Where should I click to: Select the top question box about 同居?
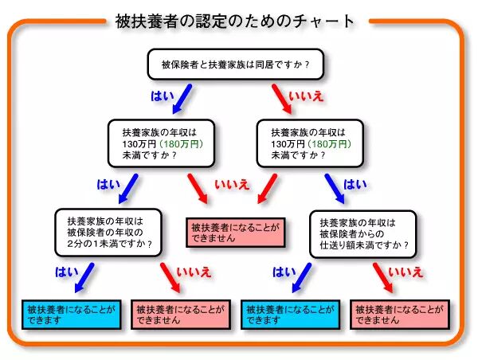236,63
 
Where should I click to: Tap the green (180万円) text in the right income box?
329,144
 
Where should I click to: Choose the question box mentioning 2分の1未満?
109,233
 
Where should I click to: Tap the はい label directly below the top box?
162,95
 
